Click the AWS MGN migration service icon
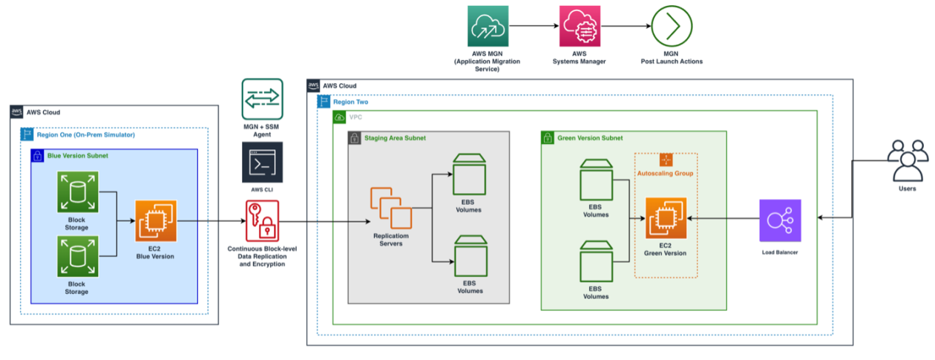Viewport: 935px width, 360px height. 487,27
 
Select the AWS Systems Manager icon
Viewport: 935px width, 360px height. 580,27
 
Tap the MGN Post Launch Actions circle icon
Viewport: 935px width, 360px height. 672,27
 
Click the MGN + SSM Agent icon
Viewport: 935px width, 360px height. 262,99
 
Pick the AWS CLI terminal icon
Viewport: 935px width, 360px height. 262,163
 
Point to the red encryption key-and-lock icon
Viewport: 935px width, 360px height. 261,220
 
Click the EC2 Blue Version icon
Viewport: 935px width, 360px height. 156,220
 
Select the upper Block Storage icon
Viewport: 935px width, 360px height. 77,191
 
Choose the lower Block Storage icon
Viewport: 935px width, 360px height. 77,257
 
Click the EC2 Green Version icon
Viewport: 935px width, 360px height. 666,219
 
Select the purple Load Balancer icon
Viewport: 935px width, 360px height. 780,220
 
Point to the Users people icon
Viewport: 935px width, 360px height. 907,161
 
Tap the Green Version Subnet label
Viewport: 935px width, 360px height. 590,137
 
